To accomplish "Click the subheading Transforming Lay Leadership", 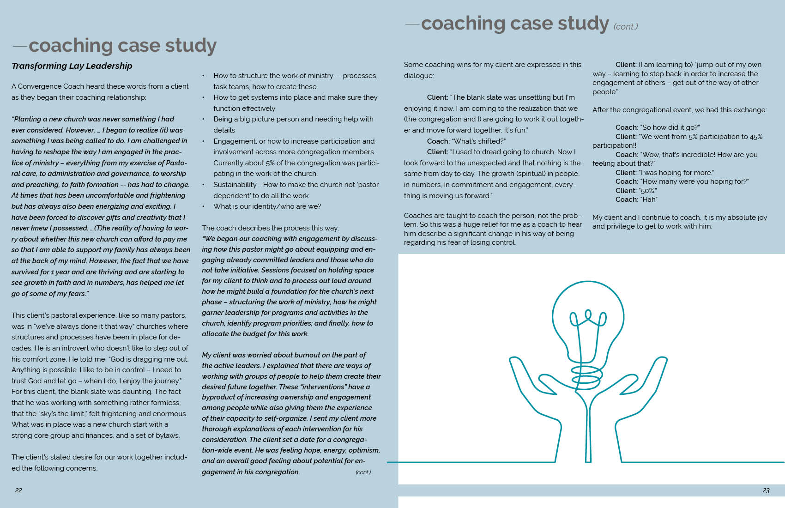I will click(x=72, y=66).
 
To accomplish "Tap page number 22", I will click(x=18, y=490).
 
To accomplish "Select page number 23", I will click(x=766, y=490).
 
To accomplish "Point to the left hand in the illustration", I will click(x=536, y=388).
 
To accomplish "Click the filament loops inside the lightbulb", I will click(x=588, y=319).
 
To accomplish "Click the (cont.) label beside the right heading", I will click(x=626, y=27).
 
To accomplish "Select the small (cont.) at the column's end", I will click(x=363, y=472).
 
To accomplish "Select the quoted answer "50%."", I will click(x=648, y=191).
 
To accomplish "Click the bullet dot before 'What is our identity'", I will click(x=204, y=206).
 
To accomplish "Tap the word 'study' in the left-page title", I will click(x=191, y=45).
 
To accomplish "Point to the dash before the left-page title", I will click(x=20, y=46).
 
